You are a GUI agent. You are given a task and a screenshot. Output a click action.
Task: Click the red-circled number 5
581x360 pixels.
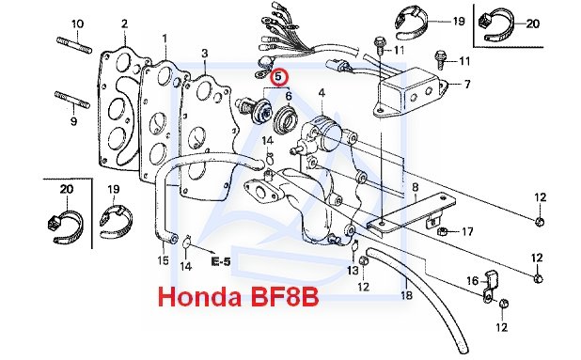click(x=278, y=77)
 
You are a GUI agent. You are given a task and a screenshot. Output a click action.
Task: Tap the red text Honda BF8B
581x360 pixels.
click(x=238, y=297)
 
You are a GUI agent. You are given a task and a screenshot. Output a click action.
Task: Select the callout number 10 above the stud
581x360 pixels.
click(x=77, y=24)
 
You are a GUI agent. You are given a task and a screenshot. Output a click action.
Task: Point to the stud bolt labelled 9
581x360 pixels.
click(x=72, y=100)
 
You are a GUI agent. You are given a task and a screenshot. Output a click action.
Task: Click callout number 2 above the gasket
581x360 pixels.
click(x=124, y=24)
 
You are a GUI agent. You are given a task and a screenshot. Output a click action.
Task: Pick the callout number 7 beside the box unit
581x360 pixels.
click(x=467, y=85)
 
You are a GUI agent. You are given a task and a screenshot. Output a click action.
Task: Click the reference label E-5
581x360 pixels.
click(x=221, y=262)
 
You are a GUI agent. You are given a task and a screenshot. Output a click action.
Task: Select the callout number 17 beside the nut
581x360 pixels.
click(x=467, y=231)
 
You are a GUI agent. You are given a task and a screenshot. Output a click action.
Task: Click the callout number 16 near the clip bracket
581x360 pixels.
click(x=473, y=281)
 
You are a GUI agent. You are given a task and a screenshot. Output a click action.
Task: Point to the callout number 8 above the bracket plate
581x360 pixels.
click(x=415, y=187)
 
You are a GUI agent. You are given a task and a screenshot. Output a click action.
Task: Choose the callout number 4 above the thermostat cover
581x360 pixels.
click(x=322, y=93)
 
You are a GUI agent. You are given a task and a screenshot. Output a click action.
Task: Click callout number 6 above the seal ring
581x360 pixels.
click(x=289, y=96)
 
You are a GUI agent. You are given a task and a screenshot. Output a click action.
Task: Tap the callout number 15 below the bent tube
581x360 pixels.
click(x=163, y=260)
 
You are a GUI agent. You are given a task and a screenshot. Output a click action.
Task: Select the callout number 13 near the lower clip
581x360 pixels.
click(x=353, y=271)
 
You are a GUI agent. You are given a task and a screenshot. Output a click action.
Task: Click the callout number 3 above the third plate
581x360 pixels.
click(x=205, y=54)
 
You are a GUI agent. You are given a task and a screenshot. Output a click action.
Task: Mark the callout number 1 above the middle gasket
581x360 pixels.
click(x=165, y=39)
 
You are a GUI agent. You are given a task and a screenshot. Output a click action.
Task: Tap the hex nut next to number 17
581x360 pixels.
click(x=442, y=232)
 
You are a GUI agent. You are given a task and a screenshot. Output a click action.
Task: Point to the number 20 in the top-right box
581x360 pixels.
click(x=532, y=23)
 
